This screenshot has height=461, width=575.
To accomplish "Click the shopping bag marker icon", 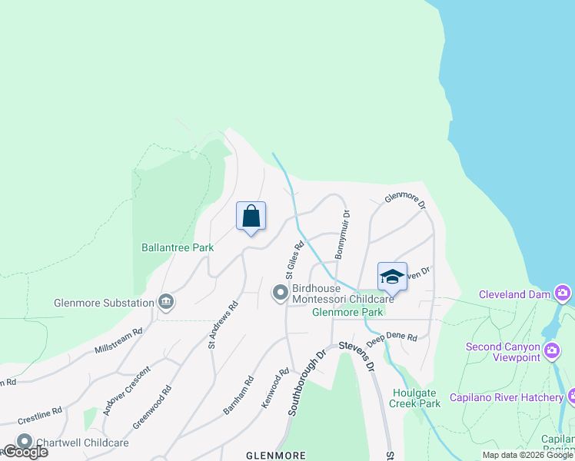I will (251, 217).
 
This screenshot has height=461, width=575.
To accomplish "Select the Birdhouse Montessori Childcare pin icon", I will (280, 293).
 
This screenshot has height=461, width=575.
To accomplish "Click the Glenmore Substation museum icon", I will (165, 302).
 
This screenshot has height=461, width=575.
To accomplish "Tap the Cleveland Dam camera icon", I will (563, 294).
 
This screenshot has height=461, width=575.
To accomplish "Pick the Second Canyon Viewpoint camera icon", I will (551, 352).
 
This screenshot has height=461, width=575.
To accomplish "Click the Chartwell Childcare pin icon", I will (25, 443).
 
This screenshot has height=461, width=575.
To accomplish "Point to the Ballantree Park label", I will (178, 248).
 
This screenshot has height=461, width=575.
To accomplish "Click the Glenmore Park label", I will (347, 313).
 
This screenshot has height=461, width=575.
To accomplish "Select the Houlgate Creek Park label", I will (414, 397).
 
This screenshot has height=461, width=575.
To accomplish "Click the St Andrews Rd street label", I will (223, 325).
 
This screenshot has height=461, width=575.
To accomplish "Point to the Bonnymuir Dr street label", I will (342, 234).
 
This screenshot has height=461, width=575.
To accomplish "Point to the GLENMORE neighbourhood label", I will (275, 455).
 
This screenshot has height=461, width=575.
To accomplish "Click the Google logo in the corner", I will (25, 452).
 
